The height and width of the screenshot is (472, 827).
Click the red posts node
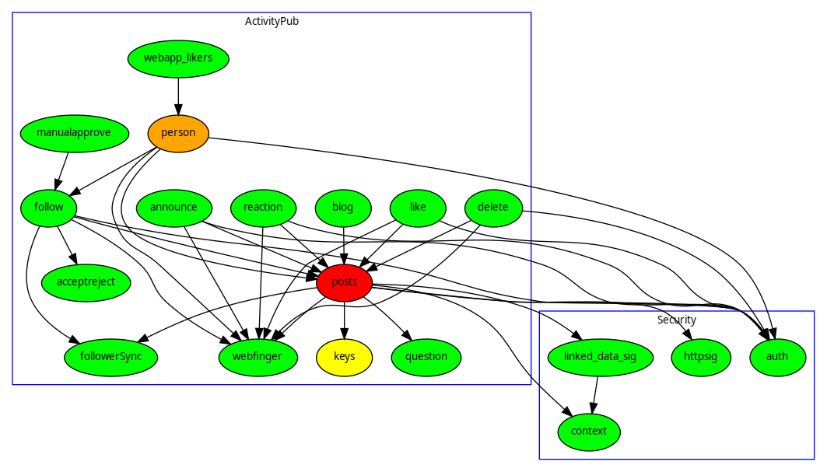[345, 282]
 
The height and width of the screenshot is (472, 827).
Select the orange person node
[178, 133]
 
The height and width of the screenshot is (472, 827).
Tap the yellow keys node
[345, 357]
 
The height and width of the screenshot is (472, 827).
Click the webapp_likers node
[178, 58]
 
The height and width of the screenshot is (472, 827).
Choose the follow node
[48, 208]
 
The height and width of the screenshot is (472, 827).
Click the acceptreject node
[86, 282]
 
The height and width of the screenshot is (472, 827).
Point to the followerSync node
[110, 357]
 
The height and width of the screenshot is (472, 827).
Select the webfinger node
[258, 357]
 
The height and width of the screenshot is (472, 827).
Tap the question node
[426, 357]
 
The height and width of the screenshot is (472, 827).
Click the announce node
[173, 208]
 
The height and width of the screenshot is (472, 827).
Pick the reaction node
[263, 208]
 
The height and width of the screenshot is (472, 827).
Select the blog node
[342, 208]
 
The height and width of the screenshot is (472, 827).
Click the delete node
[492, 208]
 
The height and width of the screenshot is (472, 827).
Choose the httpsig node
[700, 357]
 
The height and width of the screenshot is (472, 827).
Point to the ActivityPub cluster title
[272, 21]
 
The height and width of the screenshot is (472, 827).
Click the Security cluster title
[676, 320]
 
